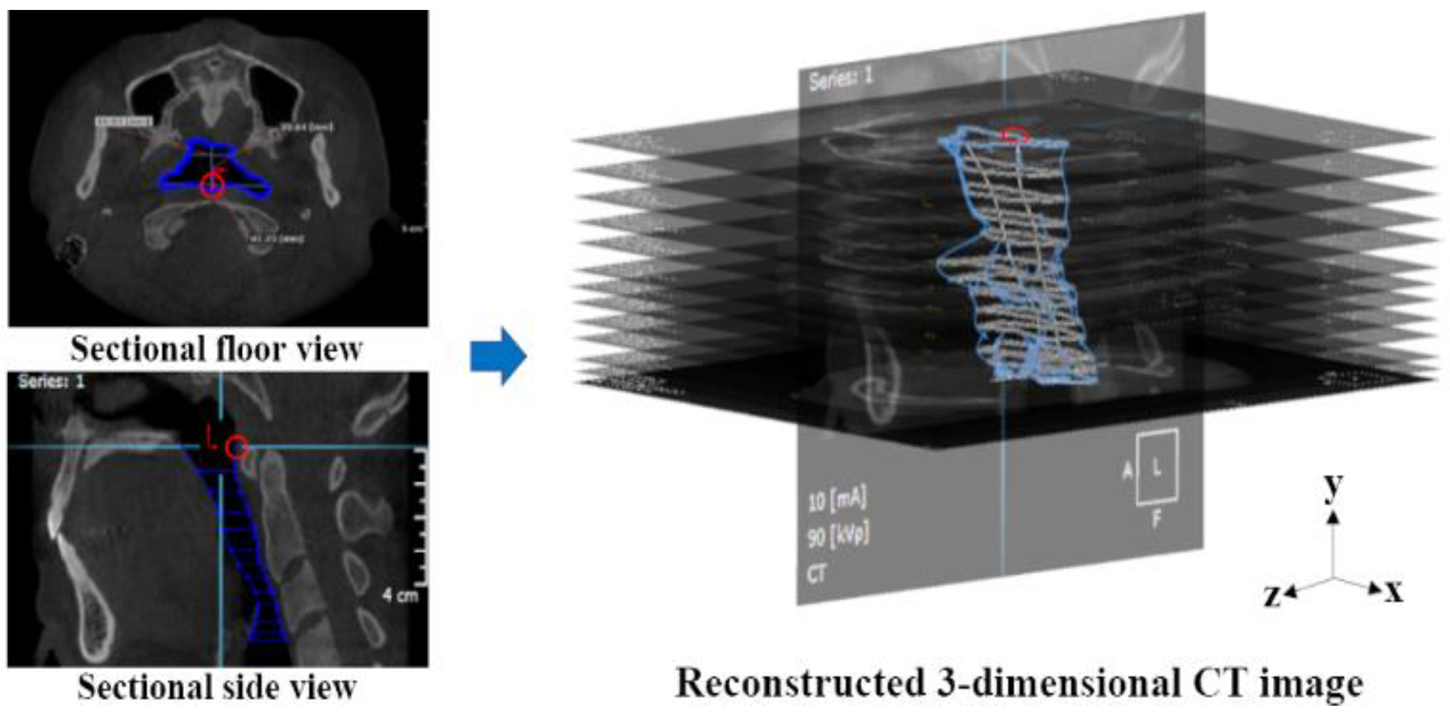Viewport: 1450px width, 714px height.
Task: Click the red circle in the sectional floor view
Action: coord(212,185)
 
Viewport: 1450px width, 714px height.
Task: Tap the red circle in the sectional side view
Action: coord(236,448)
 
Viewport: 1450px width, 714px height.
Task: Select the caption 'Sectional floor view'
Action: coord(217,349)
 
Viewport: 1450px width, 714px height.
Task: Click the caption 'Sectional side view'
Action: coord(217,687)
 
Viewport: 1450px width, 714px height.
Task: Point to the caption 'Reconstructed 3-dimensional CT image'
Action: coord(1019,683)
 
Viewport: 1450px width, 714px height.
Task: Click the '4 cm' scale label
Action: coord(400,595)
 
